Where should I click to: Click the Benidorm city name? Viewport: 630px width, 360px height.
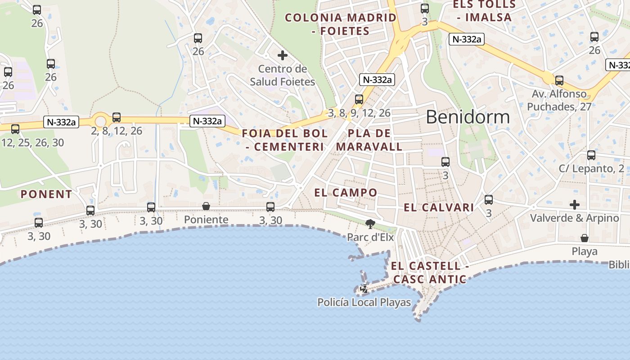[468, 117]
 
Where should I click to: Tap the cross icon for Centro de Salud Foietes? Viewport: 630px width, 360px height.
[283, 55]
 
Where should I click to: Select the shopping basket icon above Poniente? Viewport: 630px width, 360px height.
[206, 206]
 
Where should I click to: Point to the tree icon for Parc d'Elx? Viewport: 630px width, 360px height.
[370, 224]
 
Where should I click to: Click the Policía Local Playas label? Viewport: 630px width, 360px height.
[364, 302]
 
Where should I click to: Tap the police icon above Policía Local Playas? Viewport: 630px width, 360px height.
[364, 289]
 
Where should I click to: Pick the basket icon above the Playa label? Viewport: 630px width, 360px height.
[584, 238]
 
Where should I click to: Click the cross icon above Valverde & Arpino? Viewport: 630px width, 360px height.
[575, 205]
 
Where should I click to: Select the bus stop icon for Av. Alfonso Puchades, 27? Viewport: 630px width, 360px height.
[559, 81]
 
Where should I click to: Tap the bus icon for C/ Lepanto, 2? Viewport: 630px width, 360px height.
[591, 155]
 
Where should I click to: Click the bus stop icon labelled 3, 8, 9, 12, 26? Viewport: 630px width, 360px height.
[359, 99]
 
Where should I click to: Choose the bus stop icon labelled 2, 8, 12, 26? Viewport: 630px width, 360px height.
[117, 117]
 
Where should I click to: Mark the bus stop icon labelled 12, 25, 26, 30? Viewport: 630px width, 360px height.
[15, 129]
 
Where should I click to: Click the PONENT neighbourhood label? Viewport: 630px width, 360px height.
[46, 194]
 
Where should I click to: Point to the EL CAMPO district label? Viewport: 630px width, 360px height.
[346, 193]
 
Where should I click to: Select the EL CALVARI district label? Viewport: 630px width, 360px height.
[439, 207]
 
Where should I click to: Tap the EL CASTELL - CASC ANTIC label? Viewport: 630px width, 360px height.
[430, 273]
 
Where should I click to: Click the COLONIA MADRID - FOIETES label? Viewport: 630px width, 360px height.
[341, 24]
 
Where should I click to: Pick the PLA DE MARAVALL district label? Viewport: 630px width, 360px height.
[369, 140]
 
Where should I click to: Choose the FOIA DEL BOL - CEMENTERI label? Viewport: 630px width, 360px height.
[285, 140]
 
